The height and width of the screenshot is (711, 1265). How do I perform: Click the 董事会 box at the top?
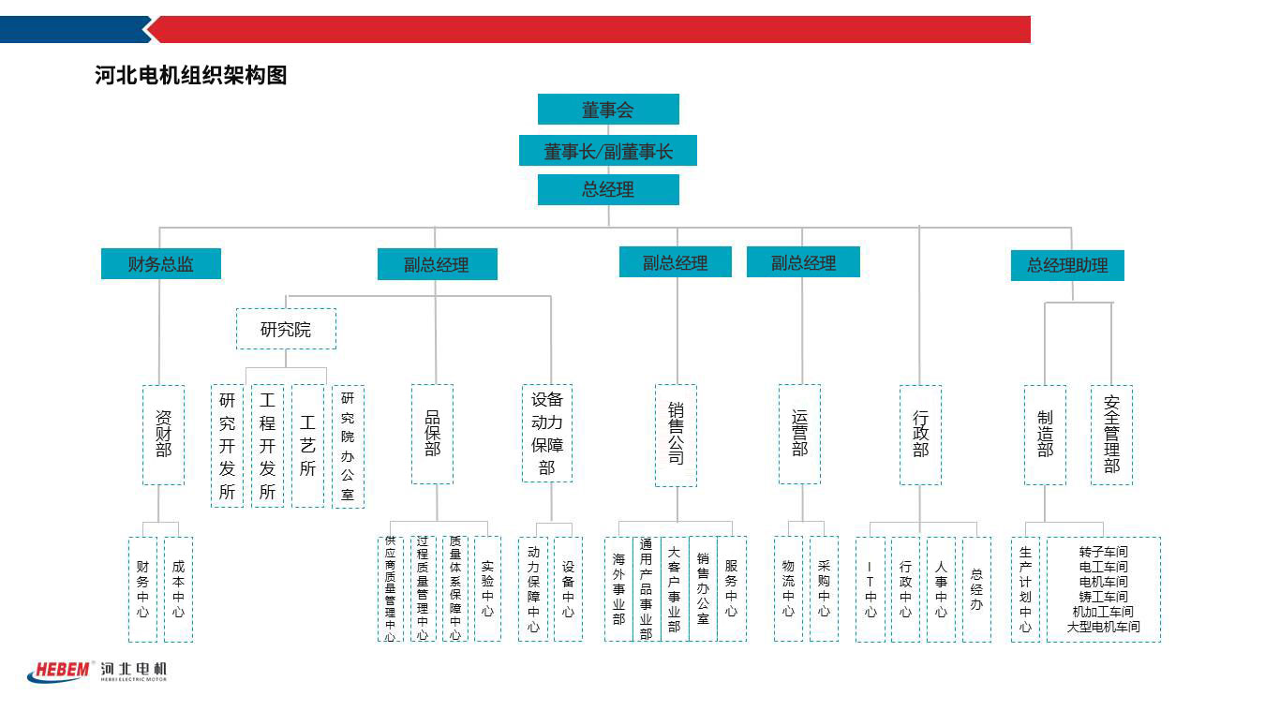[x=608, y=110]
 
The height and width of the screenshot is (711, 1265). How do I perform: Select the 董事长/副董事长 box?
[x=608, y=151]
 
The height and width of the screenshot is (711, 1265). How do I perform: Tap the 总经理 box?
[x=608, y=189]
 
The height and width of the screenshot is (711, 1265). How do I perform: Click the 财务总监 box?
[x=161, y=263]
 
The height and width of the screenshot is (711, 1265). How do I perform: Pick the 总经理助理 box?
[x=1067, y=265]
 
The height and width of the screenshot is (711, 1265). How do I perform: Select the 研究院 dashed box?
[x=286, y=329]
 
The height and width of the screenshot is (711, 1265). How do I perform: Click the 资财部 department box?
[x=163, y=435]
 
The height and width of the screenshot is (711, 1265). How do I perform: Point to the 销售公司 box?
[x=676, y=435]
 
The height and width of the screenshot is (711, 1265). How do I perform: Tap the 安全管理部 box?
[x=1111, y=435]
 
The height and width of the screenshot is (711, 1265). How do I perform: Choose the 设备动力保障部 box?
[x=547, y=433]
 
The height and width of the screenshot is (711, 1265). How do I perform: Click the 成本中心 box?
[x=178, y=589]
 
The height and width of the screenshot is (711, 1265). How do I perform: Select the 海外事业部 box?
[x=618, y=589]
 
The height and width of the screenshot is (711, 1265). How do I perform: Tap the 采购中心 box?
[x=824, y=589]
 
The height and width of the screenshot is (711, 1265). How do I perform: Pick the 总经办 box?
[x=976, y=589]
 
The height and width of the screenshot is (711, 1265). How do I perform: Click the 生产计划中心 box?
[x=1025, y=589]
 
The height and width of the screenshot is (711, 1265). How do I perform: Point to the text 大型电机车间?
[x=1104, y=627]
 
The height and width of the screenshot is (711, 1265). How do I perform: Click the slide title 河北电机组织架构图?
[x=191, y=76]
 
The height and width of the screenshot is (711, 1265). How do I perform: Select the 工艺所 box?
[x=307, y=446]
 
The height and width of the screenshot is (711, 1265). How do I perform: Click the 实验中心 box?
[x=487, y=589]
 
